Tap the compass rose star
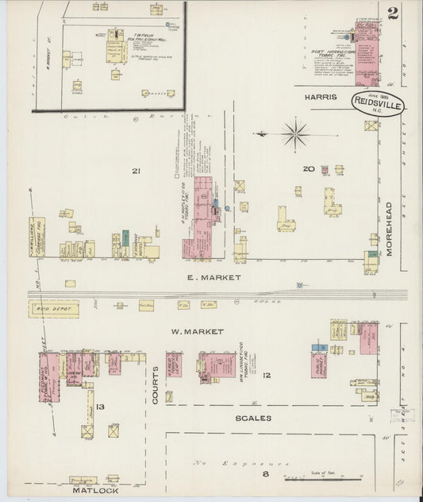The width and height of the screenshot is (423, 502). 295,133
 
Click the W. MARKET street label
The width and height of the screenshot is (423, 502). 197,330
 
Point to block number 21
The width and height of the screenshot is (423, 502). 137,171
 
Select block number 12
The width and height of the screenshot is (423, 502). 267,375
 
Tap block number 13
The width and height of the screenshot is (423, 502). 100,407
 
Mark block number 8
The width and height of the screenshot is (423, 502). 267,475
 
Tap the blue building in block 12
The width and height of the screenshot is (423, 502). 318,347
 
